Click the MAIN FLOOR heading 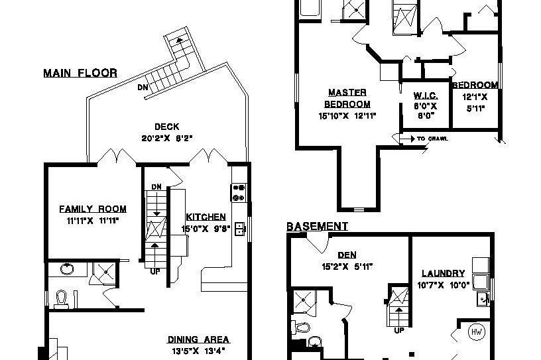80,73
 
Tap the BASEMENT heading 317,227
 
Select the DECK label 166,127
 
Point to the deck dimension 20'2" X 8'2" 166,139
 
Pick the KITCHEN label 206,217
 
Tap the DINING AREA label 198,339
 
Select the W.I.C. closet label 425,95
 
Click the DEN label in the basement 345,254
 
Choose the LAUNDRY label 442,273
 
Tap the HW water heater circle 476,330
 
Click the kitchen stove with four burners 239,192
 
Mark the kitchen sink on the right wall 240,229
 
